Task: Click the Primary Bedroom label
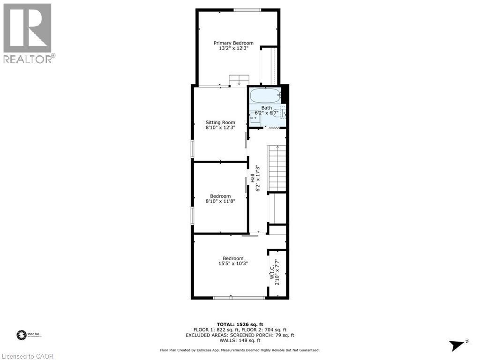(233, 43)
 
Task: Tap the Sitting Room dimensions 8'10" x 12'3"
(220, 127)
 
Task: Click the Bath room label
(266, 108)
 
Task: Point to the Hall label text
(252, 178)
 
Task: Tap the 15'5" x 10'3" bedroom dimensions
(233, 263)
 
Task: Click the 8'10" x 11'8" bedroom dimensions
(220, 201)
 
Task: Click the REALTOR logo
(28, 33)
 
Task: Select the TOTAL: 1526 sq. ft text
(240, 324)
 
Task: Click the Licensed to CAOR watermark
(28, 356)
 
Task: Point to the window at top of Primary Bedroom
(247, 10)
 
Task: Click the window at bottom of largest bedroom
(239, 297)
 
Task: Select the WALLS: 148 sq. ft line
(240, 341)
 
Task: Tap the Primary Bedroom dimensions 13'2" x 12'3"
(233, 48)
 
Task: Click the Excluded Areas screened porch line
(240, 335)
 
